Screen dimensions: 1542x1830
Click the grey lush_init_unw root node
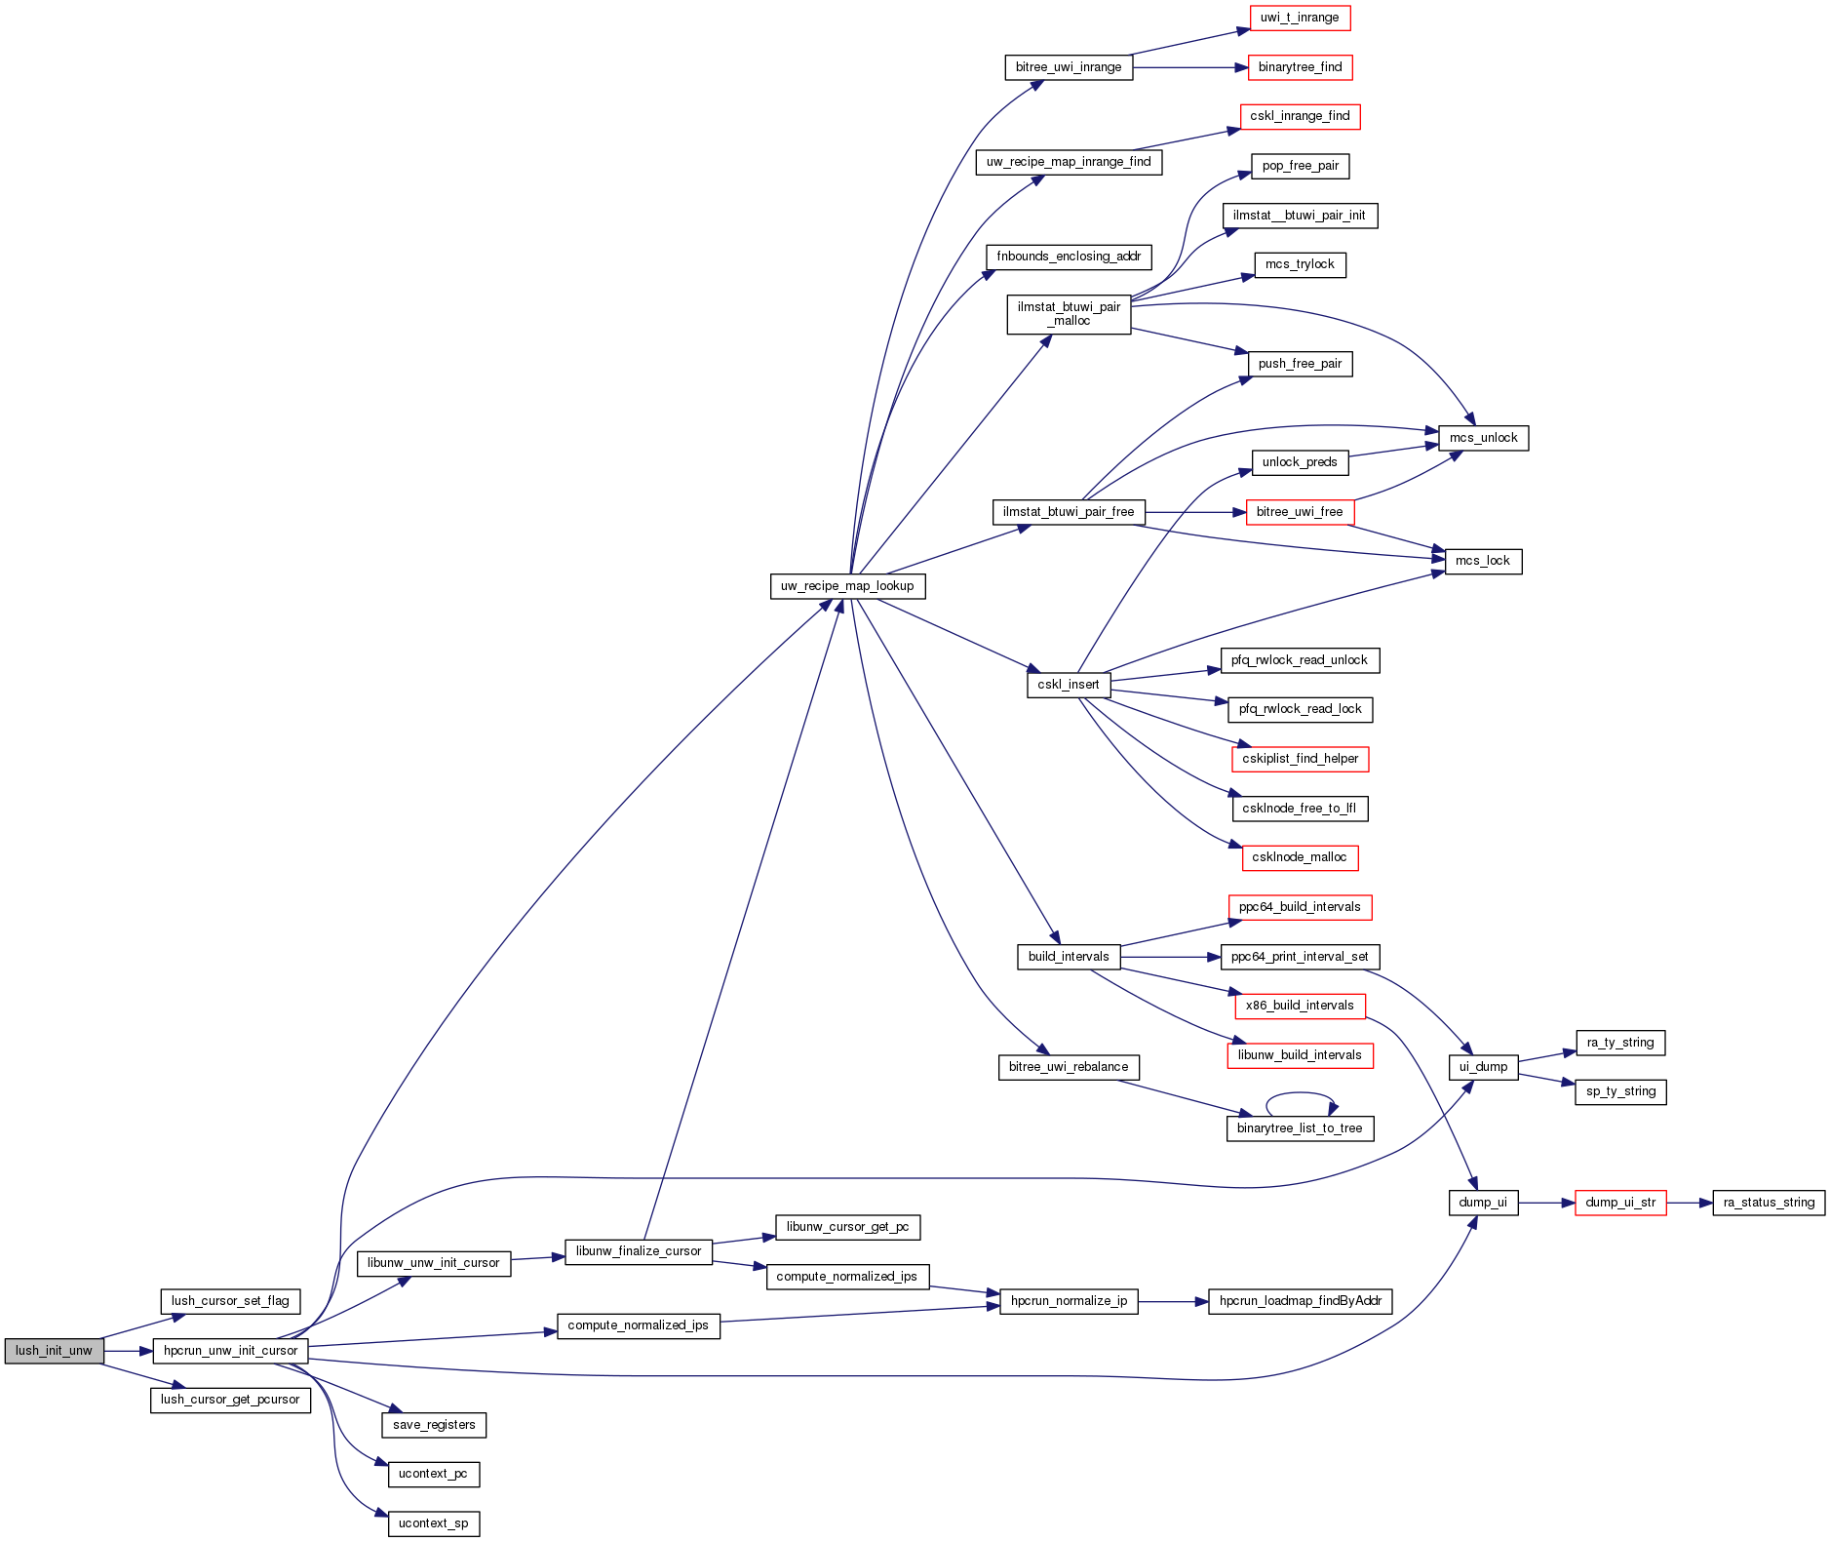click(54, 1351)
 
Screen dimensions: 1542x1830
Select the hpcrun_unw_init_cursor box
click(230, 1351)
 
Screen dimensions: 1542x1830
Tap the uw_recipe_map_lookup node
click(847, 586)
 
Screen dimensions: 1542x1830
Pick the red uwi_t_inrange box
click(1300, 18)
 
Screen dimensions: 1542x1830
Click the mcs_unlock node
click(1483, 438)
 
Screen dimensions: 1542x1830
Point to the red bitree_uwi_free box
click(1300, 512)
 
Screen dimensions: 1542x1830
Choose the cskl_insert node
click(1069, 685)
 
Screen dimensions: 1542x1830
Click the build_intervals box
click(1069, 957)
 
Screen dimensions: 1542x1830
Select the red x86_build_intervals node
click(1300, 1006)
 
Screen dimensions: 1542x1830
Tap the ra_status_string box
click(1769, 1203)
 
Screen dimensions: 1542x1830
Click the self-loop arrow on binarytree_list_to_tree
click(1301, 1094)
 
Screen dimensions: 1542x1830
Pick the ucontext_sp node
click(433, 1523)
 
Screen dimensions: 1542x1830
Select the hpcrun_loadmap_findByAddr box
click(1301, 1301)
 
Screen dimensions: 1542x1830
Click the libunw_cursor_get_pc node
click(847, 1227)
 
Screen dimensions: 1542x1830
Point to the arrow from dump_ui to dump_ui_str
click(1546, 1203)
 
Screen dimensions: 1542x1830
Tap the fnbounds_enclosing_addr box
click(1069, 257)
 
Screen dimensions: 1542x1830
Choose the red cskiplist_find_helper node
click(1300, 759)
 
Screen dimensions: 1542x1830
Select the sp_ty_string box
click(1620, 1091)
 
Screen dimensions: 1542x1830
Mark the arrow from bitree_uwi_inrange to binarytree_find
click(1189, 67)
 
